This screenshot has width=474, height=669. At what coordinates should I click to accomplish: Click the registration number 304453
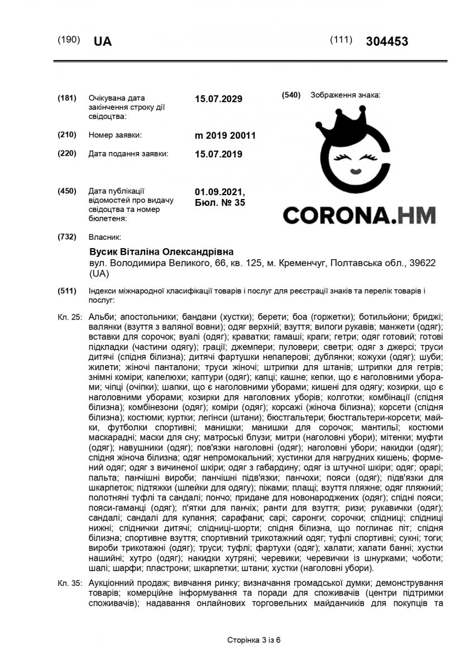(387, 41)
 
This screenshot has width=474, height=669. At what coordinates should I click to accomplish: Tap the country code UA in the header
(103, 42)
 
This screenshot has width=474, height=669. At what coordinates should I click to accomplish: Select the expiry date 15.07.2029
(218, 99)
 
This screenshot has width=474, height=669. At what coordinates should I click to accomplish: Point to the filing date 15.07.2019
(218, 154)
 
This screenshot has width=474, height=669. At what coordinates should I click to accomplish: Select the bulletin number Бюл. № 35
(219, 203)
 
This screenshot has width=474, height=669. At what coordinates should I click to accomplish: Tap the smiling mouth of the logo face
(354, 168)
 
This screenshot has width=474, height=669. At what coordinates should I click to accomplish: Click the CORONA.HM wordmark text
(359, 215)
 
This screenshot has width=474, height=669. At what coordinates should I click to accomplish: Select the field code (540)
(291, 95)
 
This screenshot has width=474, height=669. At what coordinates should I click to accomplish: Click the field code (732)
(67, 236)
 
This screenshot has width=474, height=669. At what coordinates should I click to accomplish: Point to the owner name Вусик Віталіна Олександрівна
(161, 251)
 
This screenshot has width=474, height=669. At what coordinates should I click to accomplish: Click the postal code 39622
(423, 262)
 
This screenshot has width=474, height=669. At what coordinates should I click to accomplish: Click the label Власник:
(104, 236)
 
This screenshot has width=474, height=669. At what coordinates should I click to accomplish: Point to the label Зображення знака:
(345, 95)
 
